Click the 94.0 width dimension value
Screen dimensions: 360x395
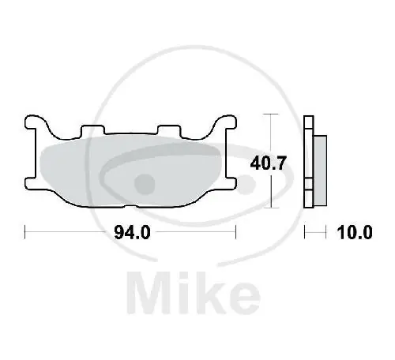(x=131, y=233)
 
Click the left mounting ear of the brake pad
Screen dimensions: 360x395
(x=36, y=126)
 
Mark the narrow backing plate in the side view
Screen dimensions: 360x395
(x=310, y=162)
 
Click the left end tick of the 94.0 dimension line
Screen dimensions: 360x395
(x=26, y=233)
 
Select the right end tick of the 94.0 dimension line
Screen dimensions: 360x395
(x=235, y=233)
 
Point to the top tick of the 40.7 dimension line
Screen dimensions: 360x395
(x=273, y=115)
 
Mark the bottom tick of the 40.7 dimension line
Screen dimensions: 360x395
(x=273, y=208)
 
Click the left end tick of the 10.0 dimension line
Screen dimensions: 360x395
(x=307, y=233)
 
